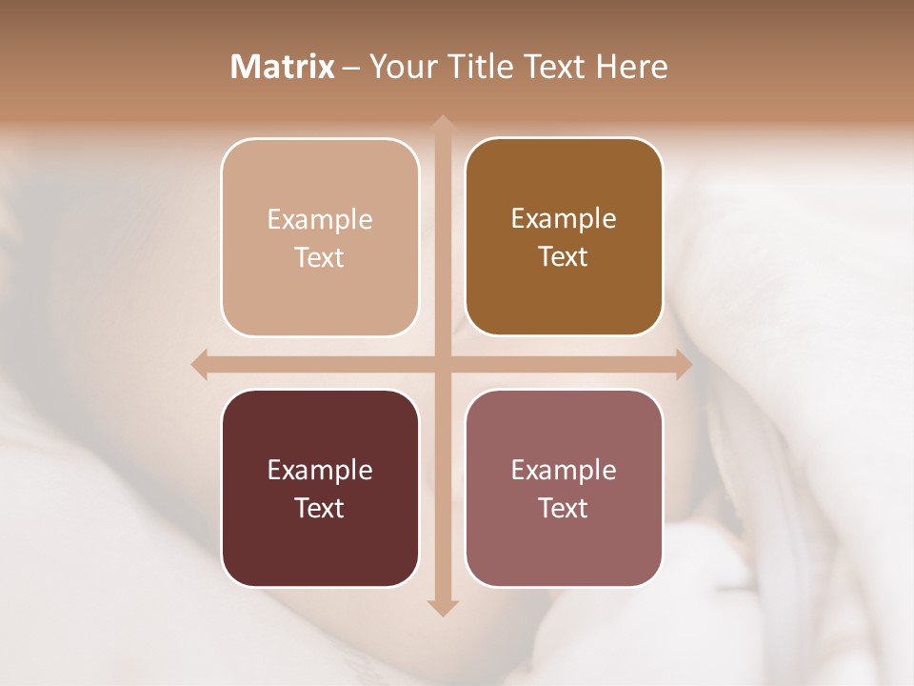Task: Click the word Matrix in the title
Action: [283, 67]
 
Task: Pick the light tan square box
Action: [320, 237]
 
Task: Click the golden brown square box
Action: [564, 237]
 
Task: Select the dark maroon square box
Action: [320, 488]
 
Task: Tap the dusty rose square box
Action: [564, 488]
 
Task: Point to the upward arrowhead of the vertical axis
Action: [442, 124]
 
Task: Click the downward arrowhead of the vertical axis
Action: [442, 607]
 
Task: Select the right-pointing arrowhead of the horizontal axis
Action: [684, 365]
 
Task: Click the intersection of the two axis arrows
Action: [442, 365]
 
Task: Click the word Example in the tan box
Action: [320, 220]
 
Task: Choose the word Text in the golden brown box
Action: [564, 257]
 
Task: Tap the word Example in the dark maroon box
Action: [320, 471]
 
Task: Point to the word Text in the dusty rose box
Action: [564, 508]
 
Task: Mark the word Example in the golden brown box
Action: [564, 219]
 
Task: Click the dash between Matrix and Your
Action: [351, 68]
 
